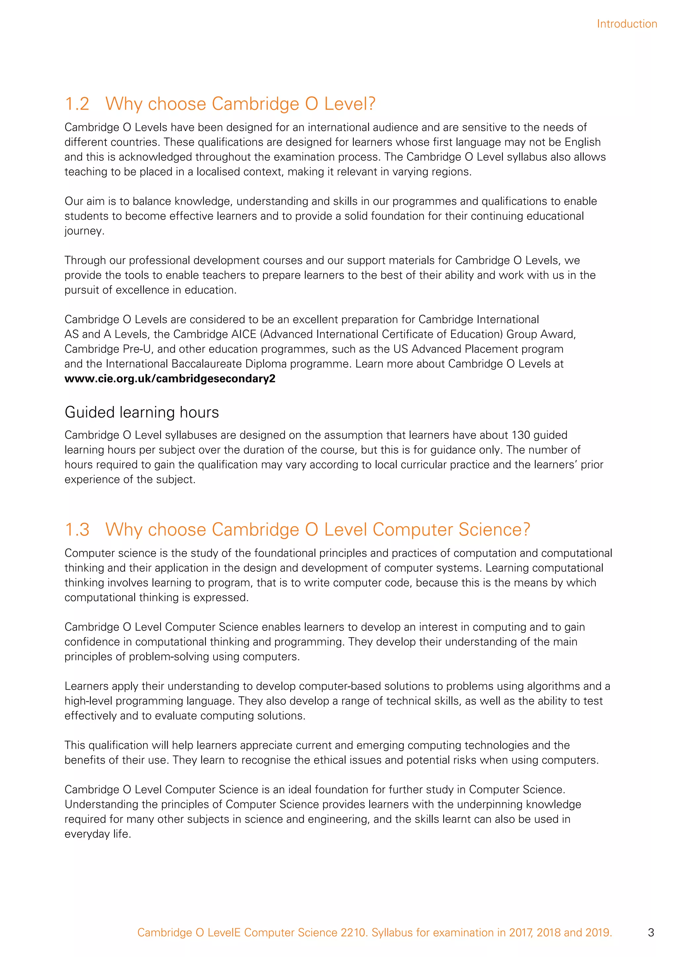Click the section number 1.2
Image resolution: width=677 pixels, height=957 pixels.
(77, 104)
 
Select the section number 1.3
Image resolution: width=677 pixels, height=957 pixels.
(77, 530)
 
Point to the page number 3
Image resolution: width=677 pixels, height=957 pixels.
(651, 933)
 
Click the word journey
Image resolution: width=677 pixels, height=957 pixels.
(84, 231)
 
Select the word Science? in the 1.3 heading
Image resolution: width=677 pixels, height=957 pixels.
(494, 530)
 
